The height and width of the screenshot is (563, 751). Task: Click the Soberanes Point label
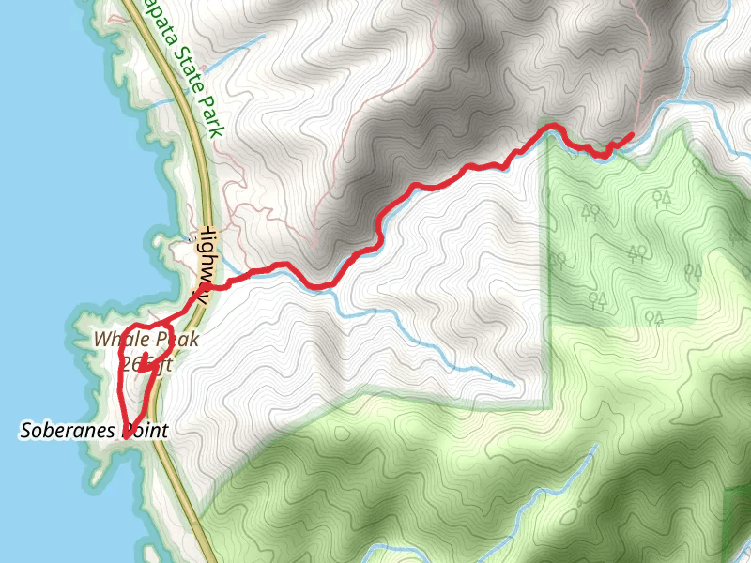94,432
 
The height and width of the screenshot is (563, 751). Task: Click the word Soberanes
69,432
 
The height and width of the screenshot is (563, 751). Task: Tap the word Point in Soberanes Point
145,432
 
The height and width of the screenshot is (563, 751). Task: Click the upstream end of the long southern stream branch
513,384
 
